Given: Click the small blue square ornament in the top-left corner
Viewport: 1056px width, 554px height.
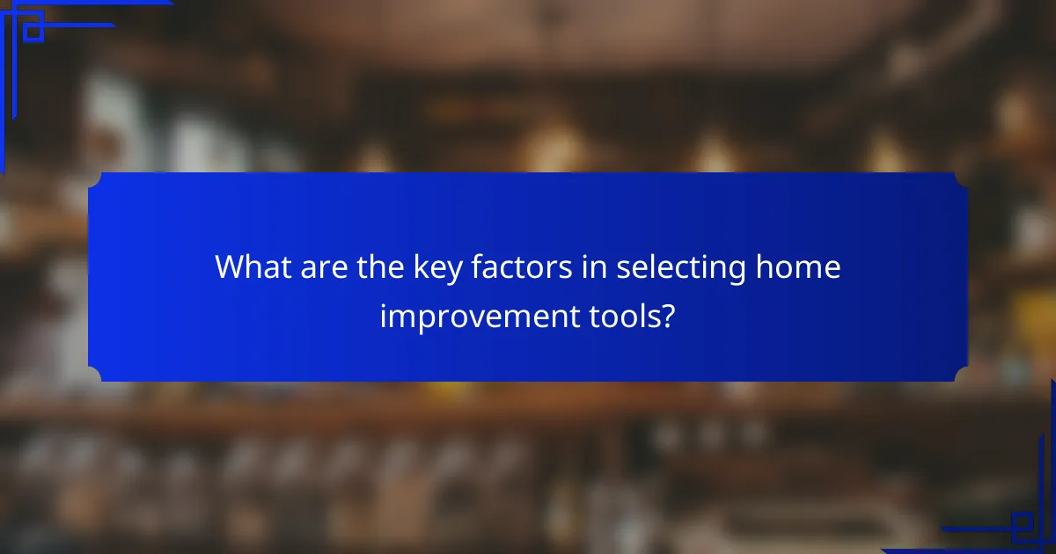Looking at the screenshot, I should point(33,32).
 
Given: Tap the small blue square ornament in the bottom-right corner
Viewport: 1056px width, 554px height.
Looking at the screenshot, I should point(1022,525).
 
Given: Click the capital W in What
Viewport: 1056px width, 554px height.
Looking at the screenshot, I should point(231,267).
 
